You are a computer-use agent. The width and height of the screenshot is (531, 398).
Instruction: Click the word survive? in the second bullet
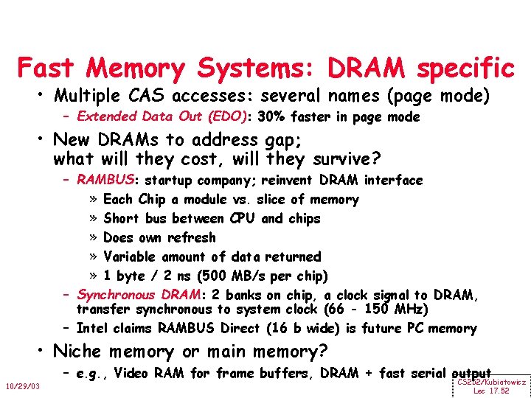(x=336, y=158)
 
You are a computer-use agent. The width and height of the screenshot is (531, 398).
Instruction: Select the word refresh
(x=192, y=237)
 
